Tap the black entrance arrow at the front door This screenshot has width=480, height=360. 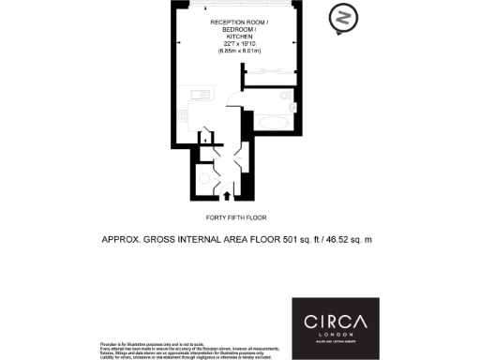click(x=228, y=194)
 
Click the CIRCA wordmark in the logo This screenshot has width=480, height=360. click(x=335, y=322)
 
